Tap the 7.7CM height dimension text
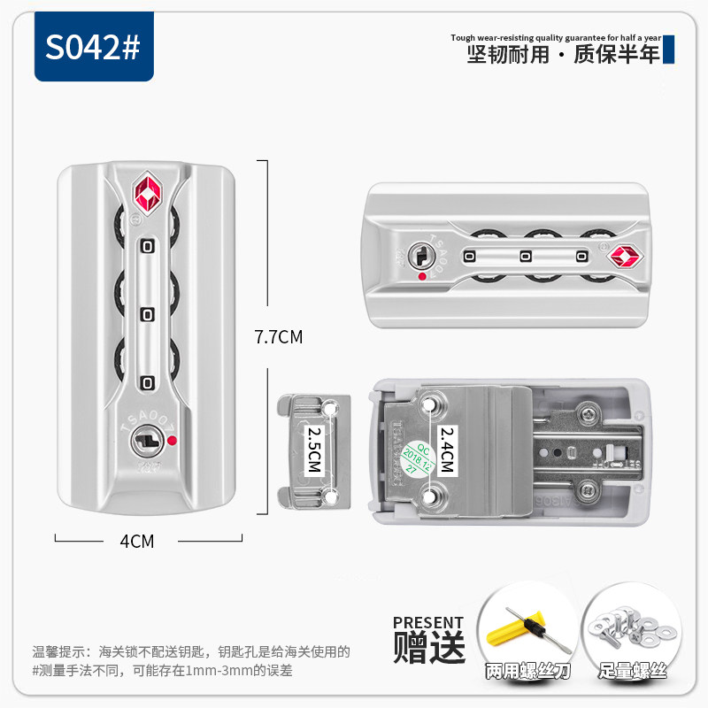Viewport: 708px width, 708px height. pyautogui.click(x=278, y=337)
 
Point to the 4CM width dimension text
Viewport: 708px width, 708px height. pyautogui.click(x=137, y=541)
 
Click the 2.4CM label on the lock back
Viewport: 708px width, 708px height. pyautogui.click(x=446, y=450)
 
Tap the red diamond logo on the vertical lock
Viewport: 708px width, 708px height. pyautogui.click(x=147, y=192)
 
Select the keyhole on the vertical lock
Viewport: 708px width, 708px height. pyautogui.click(x=147, y=438)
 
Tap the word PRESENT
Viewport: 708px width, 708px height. pyautogui.click(x=428, y=622)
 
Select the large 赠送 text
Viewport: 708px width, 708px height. pyautogui.click(x=429, y=648)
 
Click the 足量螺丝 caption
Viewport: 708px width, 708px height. pyautogui.click(x=632, y=673)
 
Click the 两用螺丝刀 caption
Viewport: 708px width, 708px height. pyautogui.click(x=527, y=673)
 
